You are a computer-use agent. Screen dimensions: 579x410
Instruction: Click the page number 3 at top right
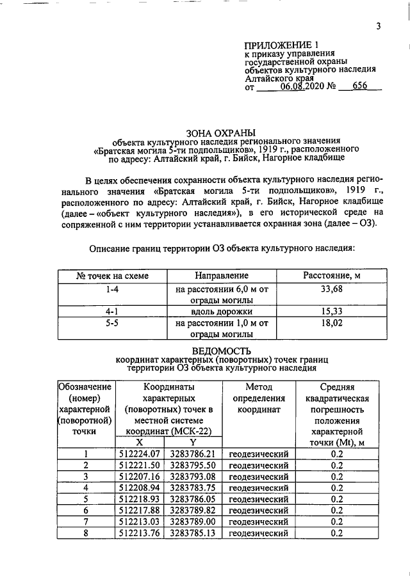pyautogui.click(x=378, y=26)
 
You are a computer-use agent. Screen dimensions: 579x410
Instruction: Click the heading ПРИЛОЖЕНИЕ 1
pyautogui.click(x=281, y=45)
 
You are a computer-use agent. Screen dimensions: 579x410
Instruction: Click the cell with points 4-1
pyautogui.click(x=111, y=312)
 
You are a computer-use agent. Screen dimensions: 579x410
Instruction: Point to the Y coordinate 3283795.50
pyautogui.click(x=193, y=465)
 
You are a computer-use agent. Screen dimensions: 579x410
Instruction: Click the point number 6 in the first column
pyautogui.click(x=86, y=511)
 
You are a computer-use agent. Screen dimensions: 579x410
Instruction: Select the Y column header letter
pyautogui.click(x=193, y=443)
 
